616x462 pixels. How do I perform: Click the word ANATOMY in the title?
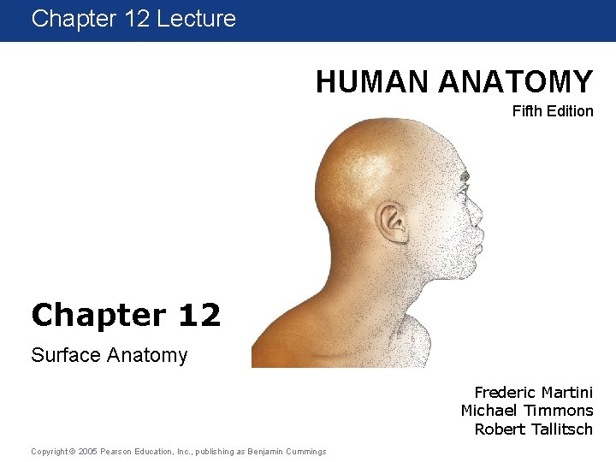[516, 82]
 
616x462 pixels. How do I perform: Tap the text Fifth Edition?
[552, 111]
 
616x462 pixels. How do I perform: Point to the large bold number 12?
[200, 315]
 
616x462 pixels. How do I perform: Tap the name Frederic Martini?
[533, 393]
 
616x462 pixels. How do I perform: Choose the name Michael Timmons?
[526, 411]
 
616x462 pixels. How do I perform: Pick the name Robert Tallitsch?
[533, 429]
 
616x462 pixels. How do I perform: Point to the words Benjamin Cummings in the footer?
[286, 451]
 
